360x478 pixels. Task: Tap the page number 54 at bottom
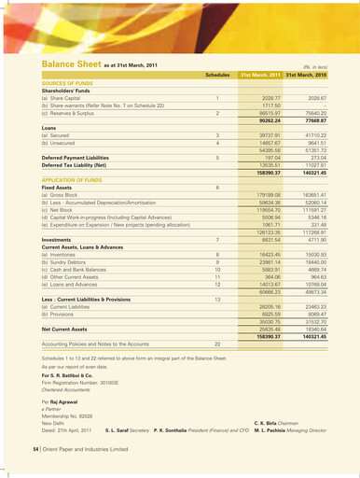[x=36, y=450]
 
